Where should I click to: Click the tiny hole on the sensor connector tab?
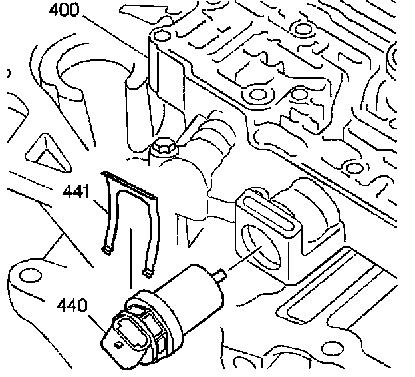coord(118,344)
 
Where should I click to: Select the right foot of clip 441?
coord(148,271)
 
